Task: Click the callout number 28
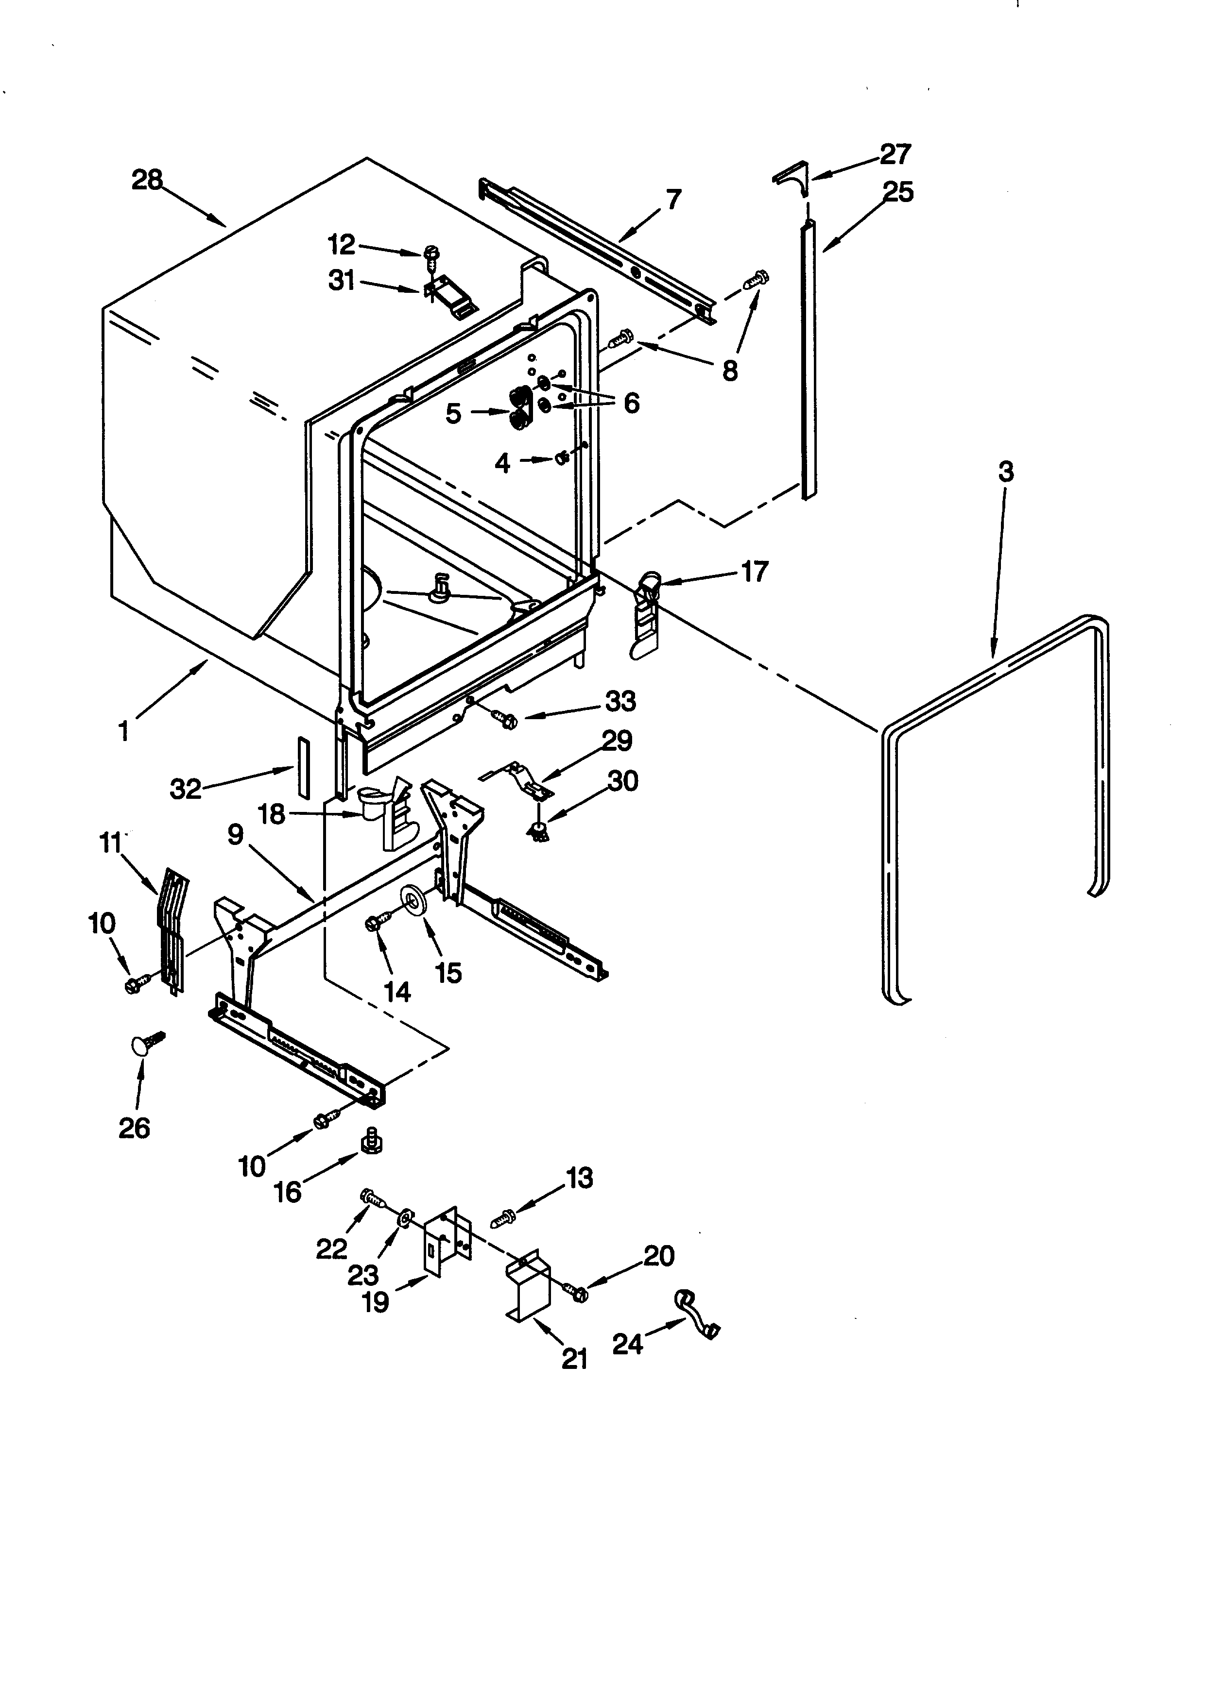146,180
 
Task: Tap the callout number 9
235,835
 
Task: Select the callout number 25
898,192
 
